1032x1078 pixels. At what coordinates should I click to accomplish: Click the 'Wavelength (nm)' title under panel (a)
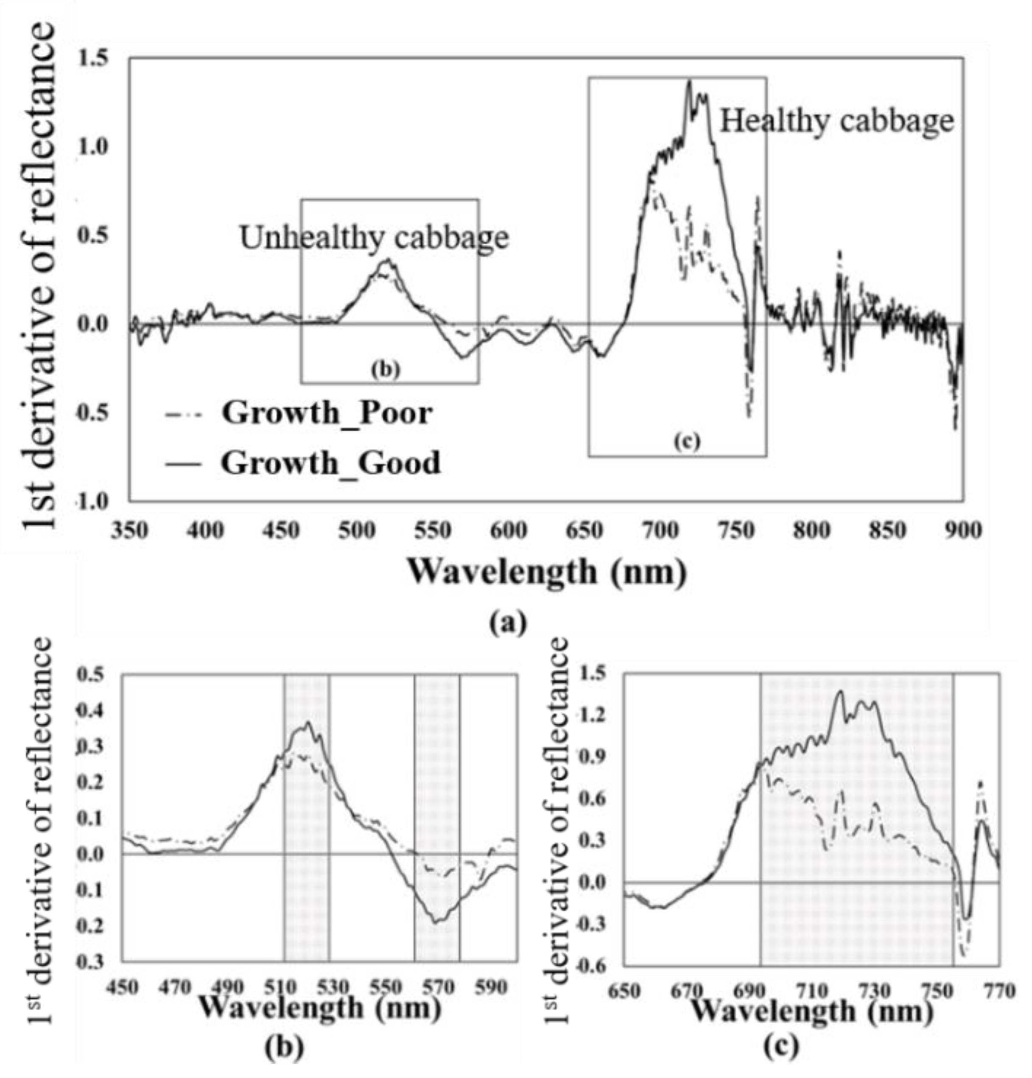tap(547, 572)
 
